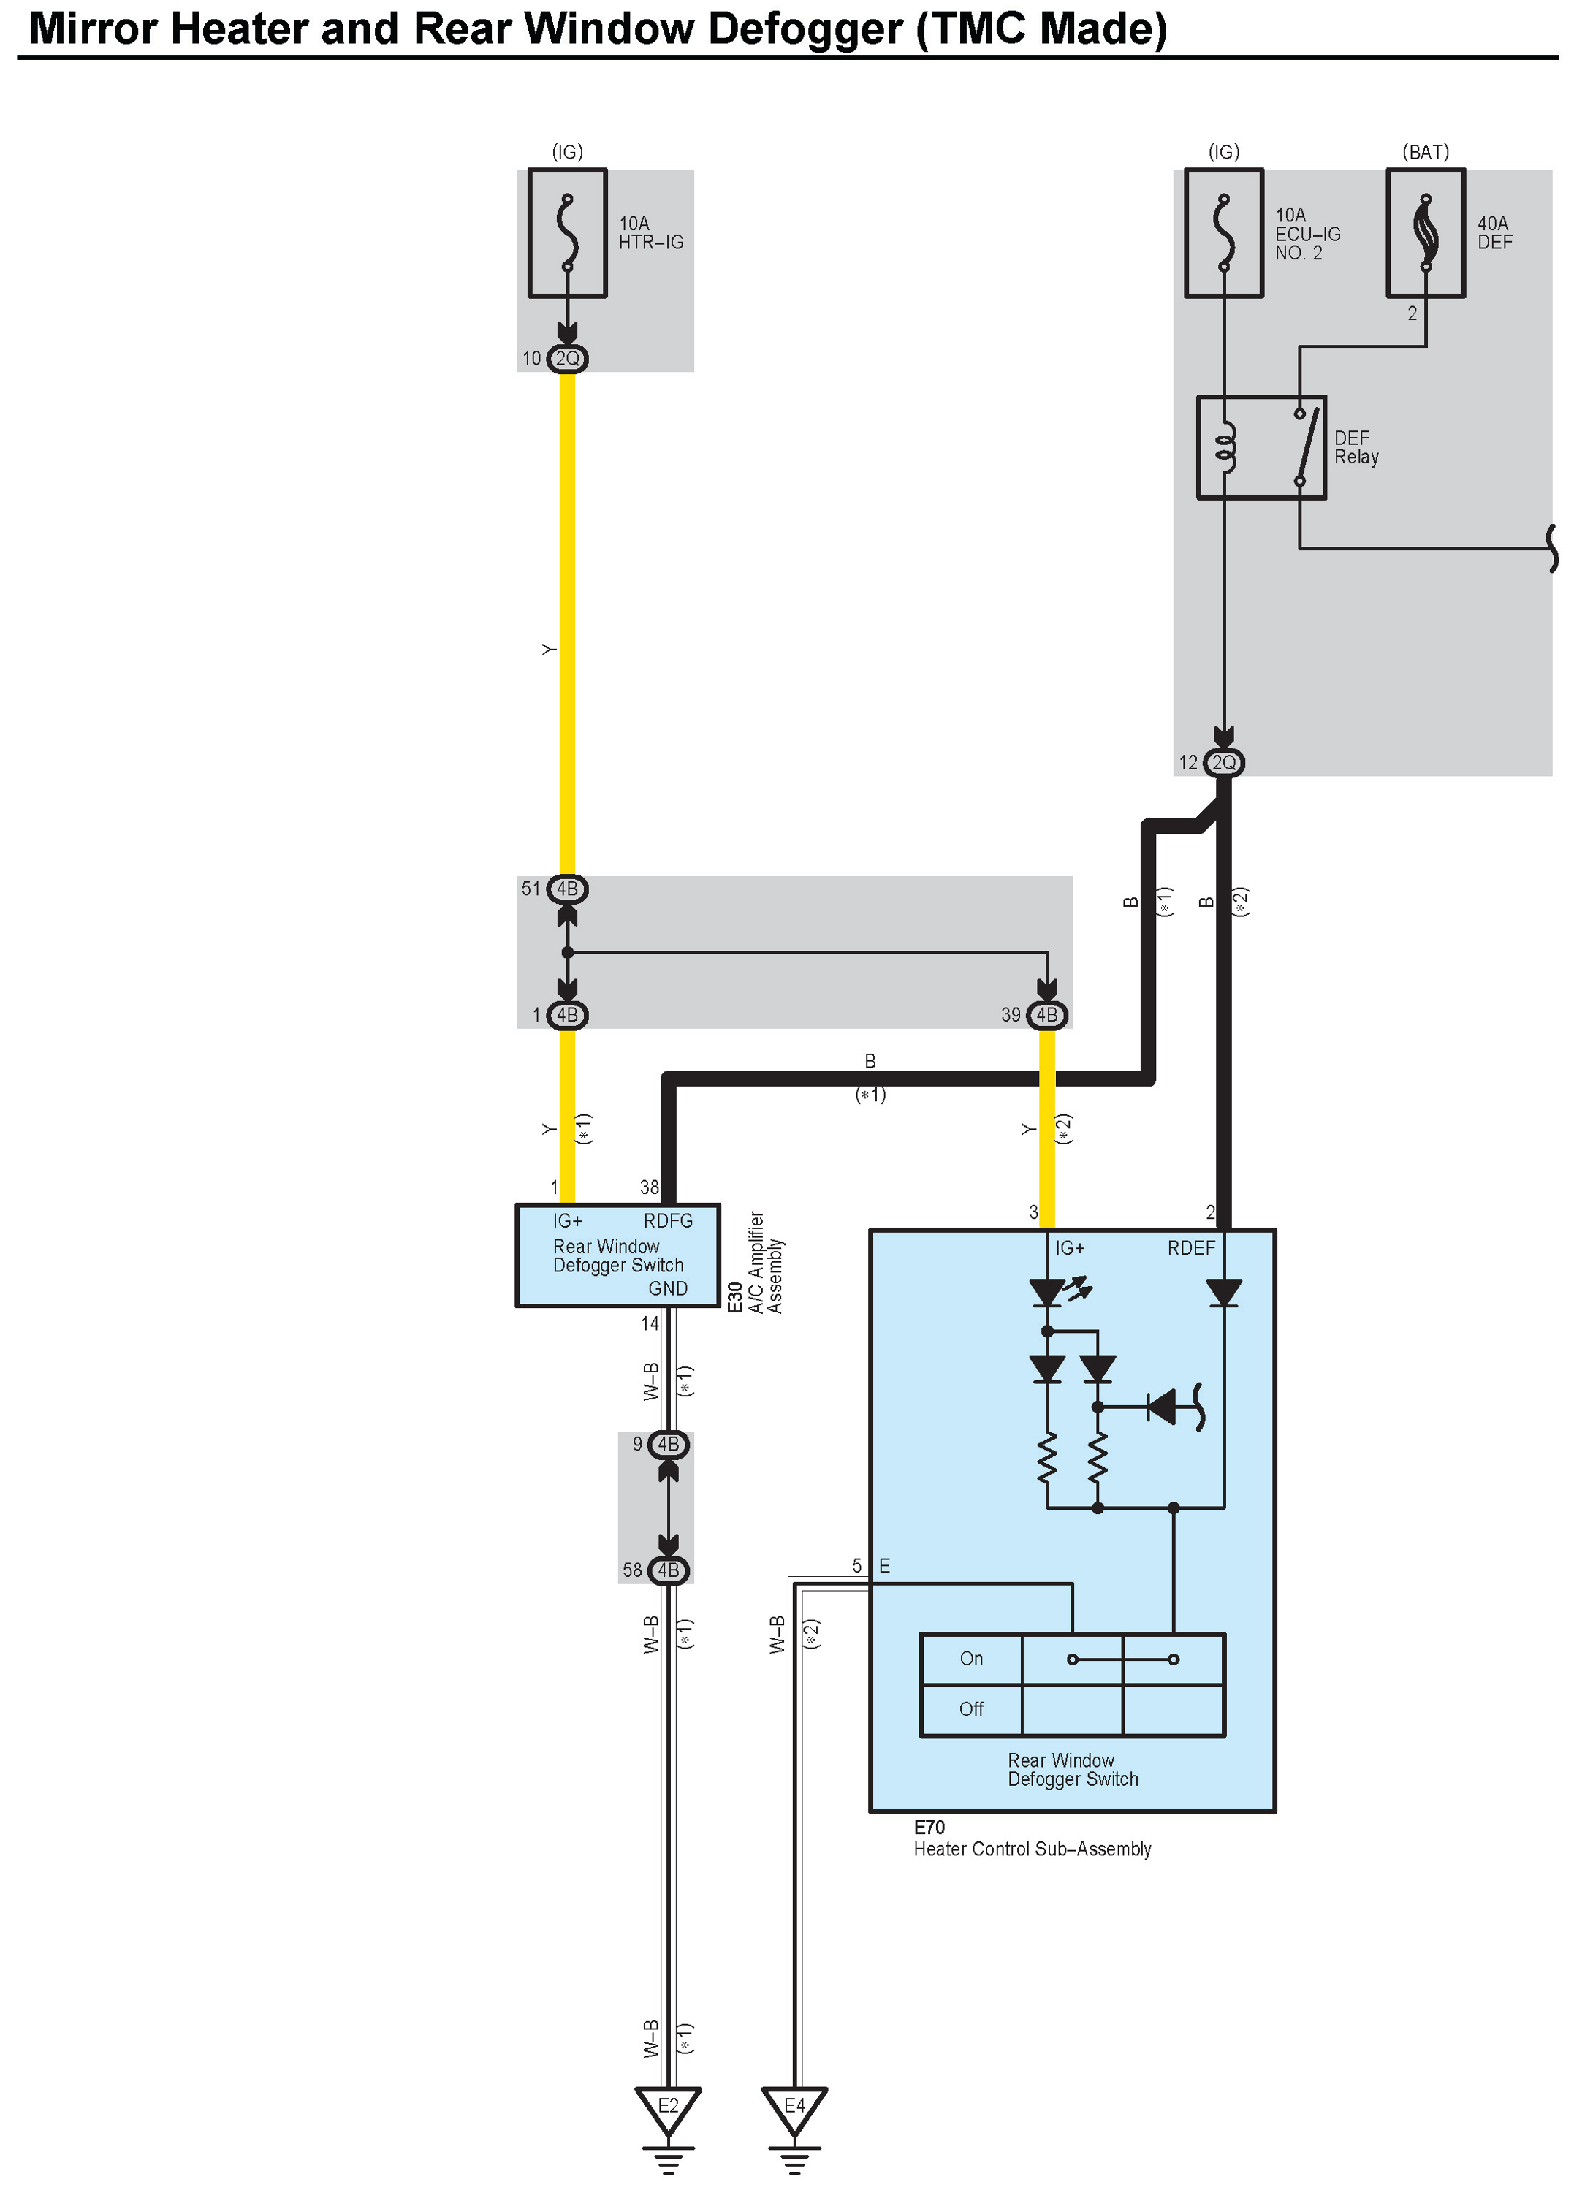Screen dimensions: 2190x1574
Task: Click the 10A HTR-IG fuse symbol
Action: (567, 234)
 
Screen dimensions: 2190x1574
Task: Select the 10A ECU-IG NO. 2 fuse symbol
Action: (1223, 234)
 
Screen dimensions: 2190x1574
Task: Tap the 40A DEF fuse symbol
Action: (1425, 234)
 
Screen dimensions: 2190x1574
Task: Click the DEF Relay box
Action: (1261, 447)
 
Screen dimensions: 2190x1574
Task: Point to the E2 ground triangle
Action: (668, 2108)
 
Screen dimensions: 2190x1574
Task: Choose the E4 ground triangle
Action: (794, 2108)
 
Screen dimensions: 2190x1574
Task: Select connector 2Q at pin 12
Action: (1223, 763)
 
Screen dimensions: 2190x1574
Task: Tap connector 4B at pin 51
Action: (567, 889)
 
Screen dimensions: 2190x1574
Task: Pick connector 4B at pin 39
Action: (1046, 1015)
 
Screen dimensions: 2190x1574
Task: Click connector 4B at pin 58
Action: (668, 1570)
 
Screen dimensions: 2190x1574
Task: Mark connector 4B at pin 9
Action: (668, 1445)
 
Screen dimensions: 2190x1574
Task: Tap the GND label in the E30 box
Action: (668, 1289)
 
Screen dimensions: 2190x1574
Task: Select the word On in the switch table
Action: (971, 1659)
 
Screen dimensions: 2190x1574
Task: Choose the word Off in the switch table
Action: (971, 1709)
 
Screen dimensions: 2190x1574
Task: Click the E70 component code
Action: (929, 1828)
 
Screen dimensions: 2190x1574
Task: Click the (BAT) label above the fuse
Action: (1425, 153)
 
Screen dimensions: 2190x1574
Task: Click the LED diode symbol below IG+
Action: (1049, 1292)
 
